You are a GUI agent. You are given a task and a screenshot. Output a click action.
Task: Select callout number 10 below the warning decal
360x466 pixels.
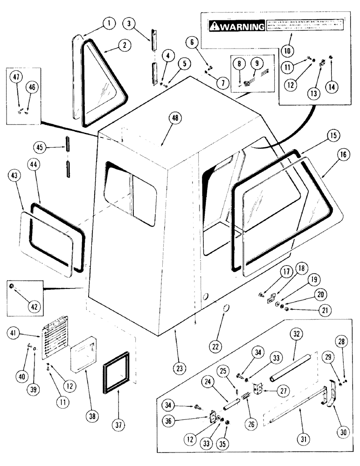pyautogui.click(x=287, y=50)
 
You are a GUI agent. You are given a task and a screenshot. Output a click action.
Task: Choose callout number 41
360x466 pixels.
pyautogui.click(x=14, y=333)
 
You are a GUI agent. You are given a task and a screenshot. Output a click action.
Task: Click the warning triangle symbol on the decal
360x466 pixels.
pyautogui.click(x=215, y=26)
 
